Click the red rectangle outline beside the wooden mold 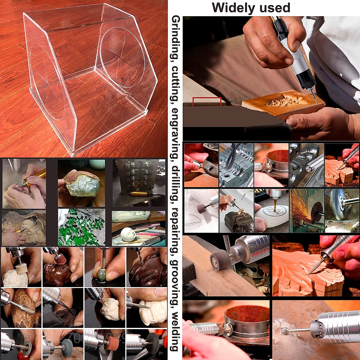click(x=207, y=101)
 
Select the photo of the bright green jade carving click(x=81, y=228)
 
